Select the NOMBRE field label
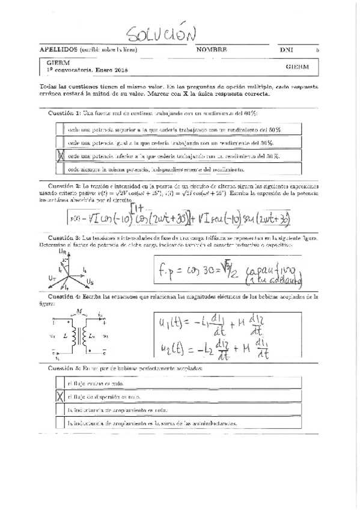pos(211,50)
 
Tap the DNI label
pos(285,50)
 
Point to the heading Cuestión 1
pos(64,114)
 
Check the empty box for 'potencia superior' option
pos(59,129)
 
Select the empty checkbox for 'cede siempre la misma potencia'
pos(59,170)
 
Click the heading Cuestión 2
pos(64,186)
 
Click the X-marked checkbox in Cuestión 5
pos(59,396)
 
